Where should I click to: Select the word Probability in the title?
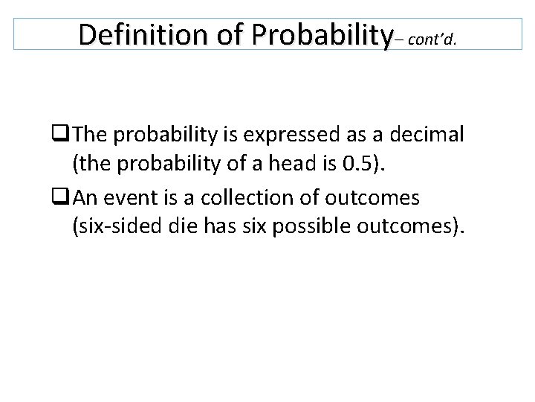322,34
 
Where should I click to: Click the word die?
179,228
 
